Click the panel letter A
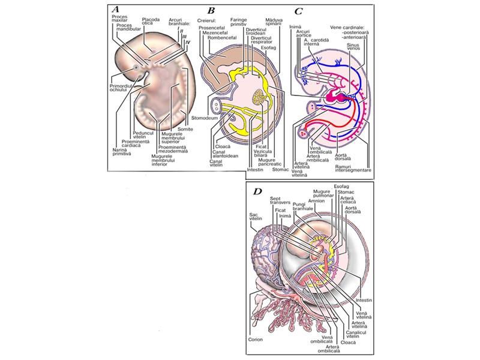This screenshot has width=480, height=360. coord(116,10)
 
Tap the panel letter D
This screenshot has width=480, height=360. coord(257,191)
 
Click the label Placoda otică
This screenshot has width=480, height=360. coord(151,22)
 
